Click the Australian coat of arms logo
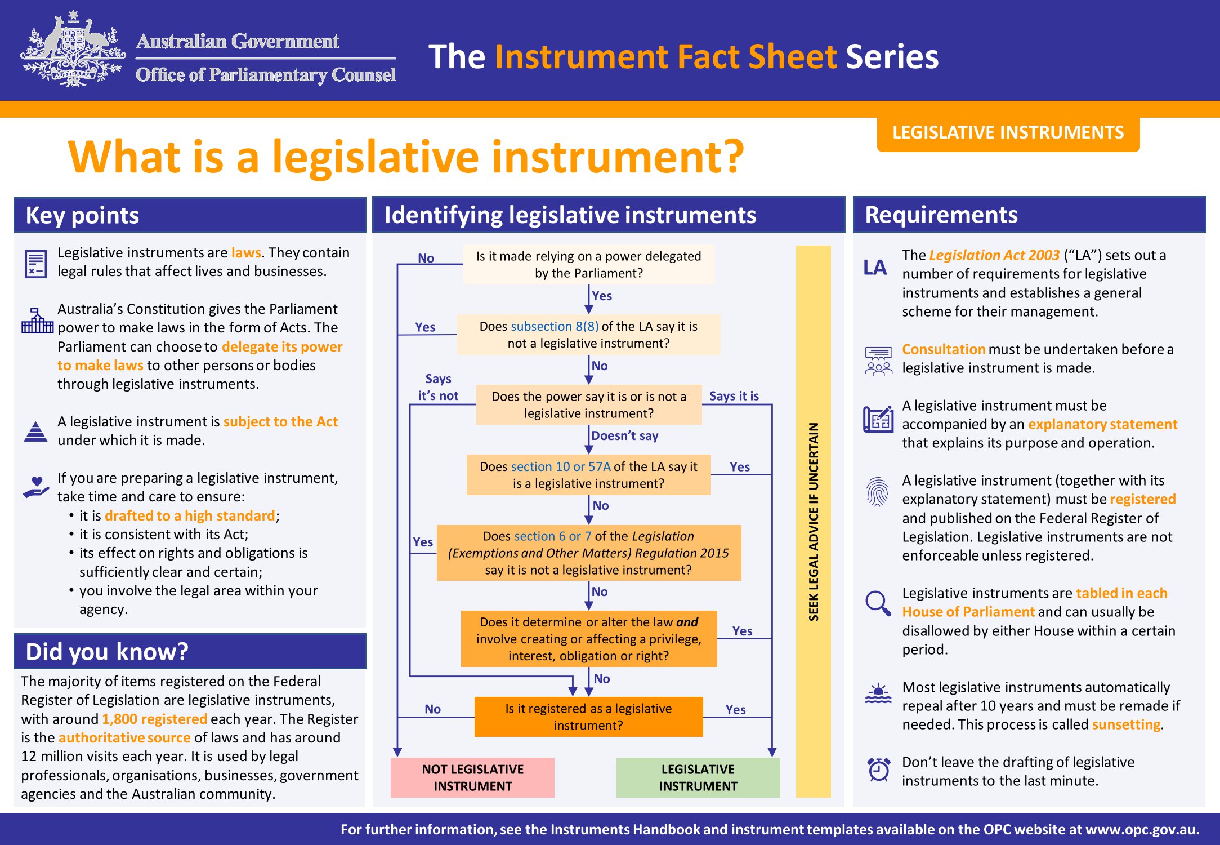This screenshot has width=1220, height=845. point(73,49)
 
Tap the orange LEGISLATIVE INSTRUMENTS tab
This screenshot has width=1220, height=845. point(1008,133)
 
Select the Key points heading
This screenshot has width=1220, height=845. point(82,215)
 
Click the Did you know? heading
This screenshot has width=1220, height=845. point(107,651)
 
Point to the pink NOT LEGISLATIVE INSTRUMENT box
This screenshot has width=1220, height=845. point(472,777)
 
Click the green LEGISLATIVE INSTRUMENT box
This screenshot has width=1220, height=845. point(698,777)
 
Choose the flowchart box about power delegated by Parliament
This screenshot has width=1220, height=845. point(589,264)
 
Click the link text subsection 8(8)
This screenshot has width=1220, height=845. point(555,326)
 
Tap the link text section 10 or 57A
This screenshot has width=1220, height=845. point(561,466)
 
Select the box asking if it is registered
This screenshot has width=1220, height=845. point(588,717)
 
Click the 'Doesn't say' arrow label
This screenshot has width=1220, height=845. point(624,435)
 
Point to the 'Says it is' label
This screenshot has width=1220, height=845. point(734,395)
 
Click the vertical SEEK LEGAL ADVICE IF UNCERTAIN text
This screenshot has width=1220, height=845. point(814,522)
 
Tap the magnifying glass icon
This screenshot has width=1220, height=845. point(878,603)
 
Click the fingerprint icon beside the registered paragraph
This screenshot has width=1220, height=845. point(878,491)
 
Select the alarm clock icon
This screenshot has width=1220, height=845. point(878,770)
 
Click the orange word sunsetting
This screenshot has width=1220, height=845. point(1126,724)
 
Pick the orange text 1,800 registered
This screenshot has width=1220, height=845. point(155,719)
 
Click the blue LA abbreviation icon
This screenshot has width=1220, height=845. point(875,267)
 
